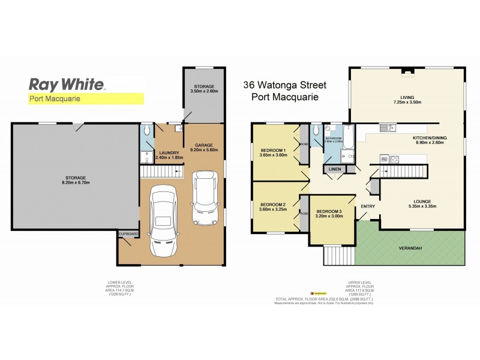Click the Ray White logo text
point(67,84)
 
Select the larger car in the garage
point(163,219)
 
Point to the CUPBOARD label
point(129,233)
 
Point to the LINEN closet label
point(334,169)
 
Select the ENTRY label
point(367,208)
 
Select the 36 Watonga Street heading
point(281,86)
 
